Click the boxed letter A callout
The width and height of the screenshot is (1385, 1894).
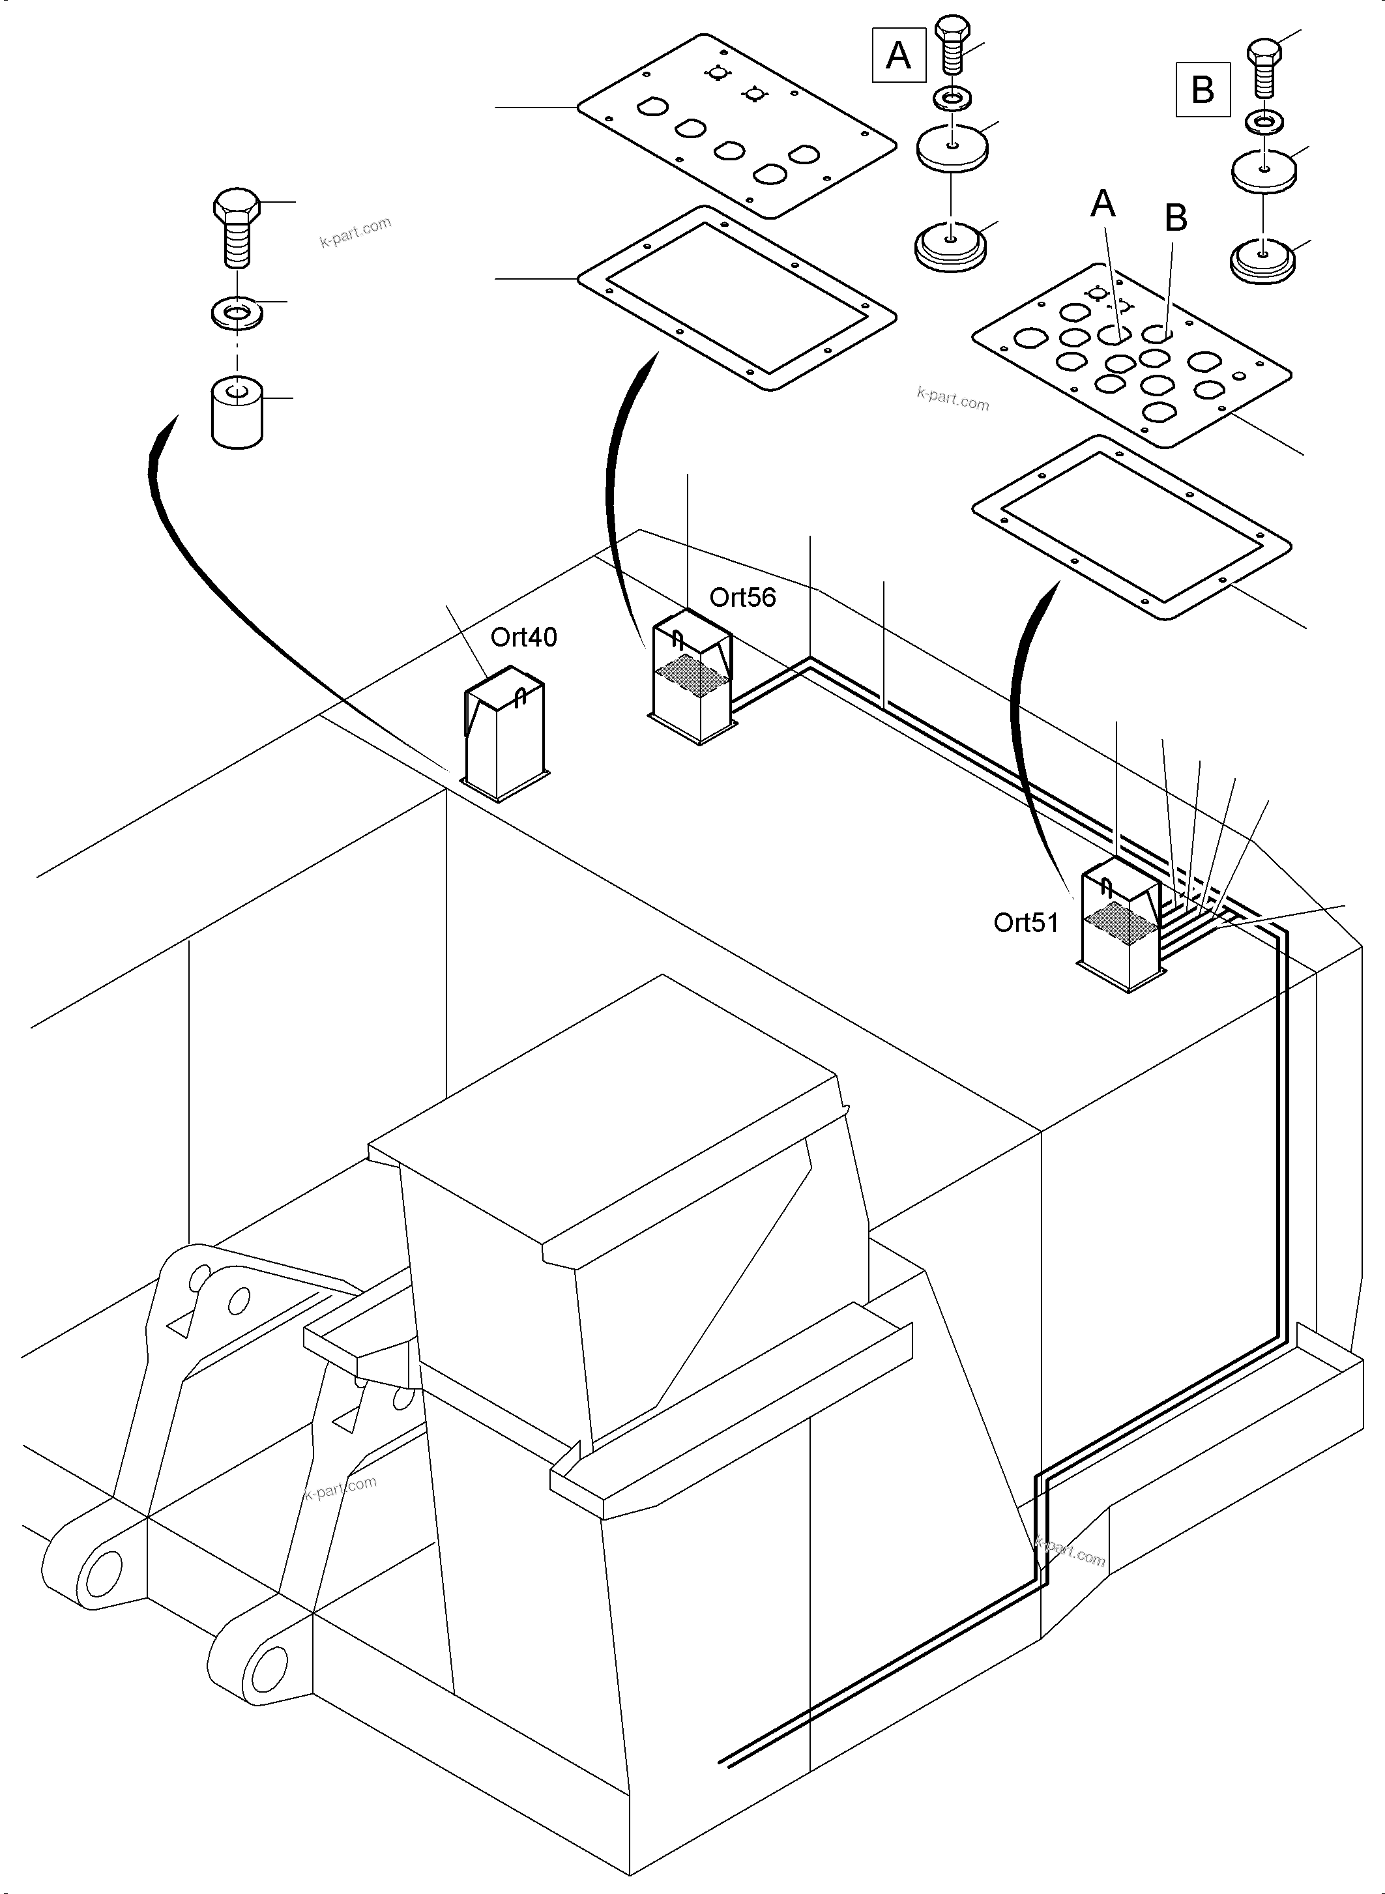[898, 55]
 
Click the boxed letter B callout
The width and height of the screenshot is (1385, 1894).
[1203, 89]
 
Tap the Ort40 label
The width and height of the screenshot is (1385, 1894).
[523, 637]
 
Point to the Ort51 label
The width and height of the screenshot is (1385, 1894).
[1025, 922]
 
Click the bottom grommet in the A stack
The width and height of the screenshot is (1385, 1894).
[950, 246]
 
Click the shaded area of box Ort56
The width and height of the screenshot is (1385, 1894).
[690, 677]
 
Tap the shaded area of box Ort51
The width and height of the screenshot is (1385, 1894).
[1122, 925]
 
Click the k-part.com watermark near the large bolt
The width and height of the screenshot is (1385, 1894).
[355, 232]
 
